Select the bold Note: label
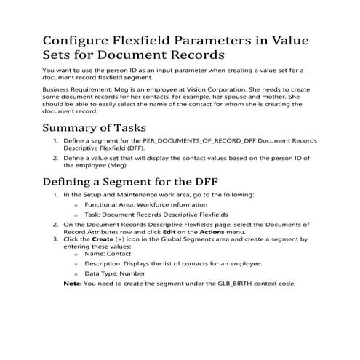72,283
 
